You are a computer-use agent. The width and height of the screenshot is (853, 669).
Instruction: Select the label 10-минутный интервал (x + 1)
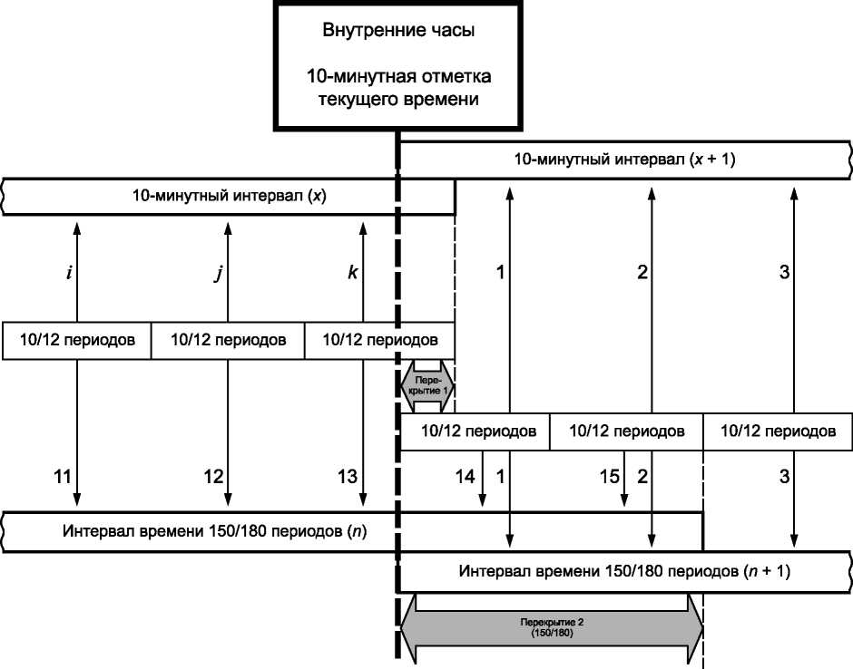(624, 160)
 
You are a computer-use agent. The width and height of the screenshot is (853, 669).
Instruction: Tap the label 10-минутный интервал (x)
(227, 197)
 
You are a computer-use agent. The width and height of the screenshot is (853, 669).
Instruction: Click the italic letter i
(70, 273)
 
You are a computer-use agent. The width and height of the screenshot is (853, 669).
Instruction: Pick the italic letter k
(352, 273)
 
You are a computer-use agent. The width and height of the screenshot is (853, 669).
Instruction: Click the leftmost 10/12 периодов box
(77, 340)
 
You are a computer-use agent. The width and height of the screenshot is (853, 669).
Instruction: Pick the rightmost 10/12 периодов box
(778, 431)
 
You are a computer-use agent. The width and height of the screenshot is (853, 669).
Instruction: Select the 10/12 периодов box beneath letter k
(379, 340)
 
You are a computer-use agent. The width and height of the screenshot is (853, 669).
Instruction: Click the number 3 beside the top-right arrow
(784, 273)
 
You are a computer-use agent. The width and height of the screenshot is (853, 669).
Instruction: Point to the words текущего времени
(398, 99)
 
